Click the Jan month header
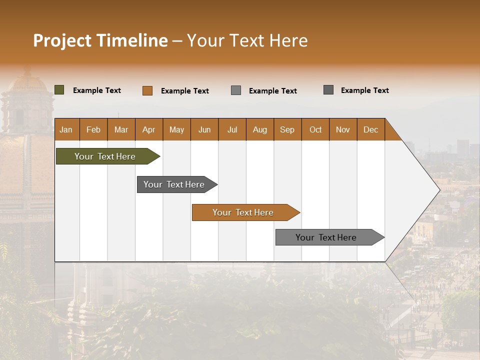coord(66,130)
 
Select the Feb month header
coord(93,130)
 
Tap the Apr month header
coord(148,130)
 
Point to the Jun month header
coord(204,130)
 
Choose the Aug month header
coord(259,130)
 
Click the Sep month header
coord(287,130)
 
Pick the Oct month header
coord(315,130)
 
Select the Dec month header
coord(370,130)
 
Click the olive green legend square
coord(59,90)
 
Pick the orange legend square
coord(147,90)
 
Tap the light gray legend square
coord(236,90)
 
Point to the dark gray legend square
coord(328,90)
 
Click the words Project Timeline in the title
coord(100,40)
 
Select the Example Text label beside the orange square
coord(184,91)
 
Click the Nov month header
coord(343,130)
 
